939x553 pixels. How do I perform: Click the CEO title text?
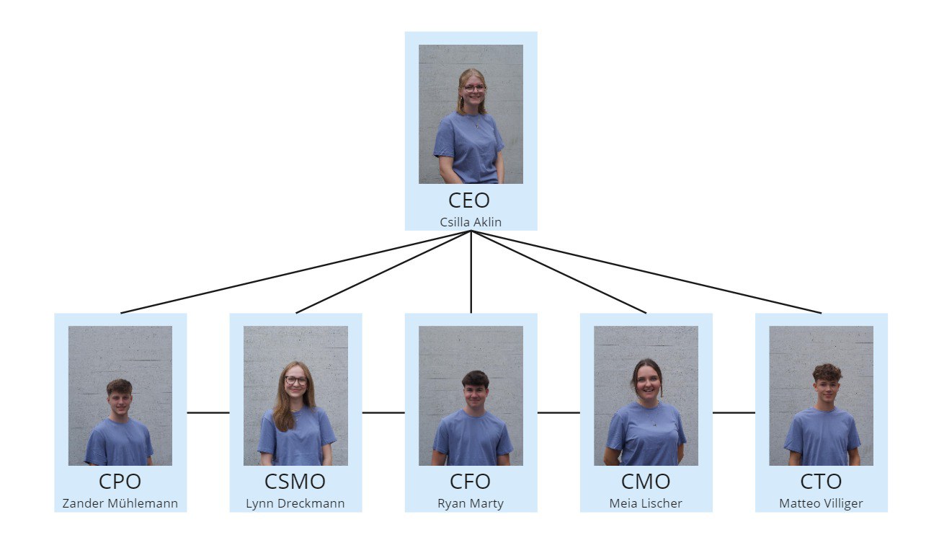tap(469, 200)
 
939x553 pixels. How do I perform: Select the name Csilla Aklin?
tap(471, 222)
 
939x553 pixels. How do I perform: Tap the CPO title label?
tap(120, 482)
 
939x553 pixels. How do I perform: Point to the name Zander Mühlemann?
tap(120, 503)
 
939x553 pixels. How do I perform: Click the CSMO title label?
tap(295, 482)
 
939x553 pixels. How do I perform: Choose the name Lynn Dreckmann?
tap(295, 503)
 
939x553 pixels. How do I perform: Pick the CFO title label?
tap(470, 482)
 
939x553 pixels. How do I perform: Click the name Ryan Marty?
tap(471, 503)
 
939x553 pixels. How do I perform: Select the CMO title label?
tap(646, 482)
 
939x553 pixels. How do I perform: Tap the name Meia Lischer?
tap(646, 503)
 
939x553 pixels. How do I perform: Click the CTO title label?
tap(821, 482)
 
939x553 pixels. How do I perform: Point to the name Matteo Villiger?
tap(821, 503)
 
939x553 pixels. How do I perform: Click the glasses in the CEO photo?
tap(474, 88)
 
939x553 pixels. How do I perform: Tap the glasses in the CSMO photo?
tap(296, 381)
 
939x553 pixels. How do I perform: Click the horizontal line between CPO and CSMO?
tap(208, 412)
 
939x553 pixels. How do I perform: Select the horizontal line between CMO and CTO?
tap(734, 412)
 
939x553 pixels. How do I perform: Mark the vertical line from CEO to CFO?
tap(471, 272)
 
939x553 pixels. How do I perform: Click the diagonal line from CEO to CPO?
tap(295, 272)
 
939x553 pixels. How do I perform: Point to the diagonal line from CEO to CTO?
tap(646, 272)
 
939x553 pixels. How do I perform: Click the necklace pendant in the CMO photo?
tap(654, 424)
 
